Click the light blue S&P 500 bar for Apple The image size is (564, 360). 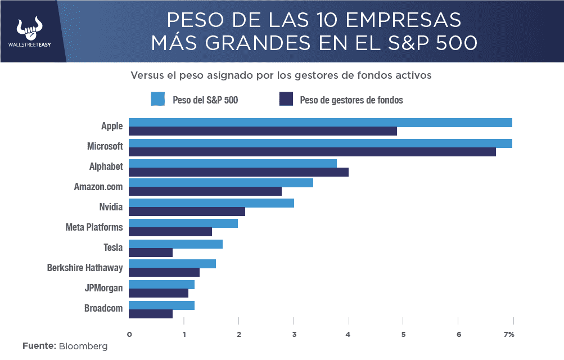pos(320,123)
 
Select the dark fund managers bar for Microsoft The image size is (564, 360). pos(312,152)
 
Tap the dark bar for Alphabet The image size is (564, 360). pos(238,172)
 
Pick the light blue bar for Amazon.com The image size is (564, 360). pos(221,183)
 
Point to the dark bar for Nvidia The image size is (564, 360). pos(187,211)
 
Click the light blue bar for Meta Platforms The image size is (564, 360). pos(183,223)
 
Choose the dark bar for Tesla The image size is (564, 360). pos(151,253)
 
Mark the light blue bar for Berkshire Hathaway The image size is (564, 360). pos(172,264)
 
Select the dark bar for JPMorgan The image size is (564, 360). pos(159,293)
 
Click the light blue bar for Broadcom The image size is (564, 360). pos(161,305)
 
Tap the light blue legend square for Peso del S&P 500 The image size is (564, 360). pos(158,100)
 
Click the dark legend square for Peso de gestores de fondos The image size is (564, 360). pos(286,100)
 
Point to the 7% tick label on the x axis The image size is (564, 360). pos(509,335)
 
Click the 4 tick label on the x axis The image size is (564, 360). pos(349,335)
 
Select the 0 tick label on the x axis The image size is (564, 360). pos(129,335)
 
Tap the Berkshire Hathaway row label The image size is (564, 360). pos(85,268)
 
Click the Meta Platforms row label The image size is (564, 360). pos(94,227)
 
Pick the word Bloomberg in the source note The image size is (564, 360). pos(83,346)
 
